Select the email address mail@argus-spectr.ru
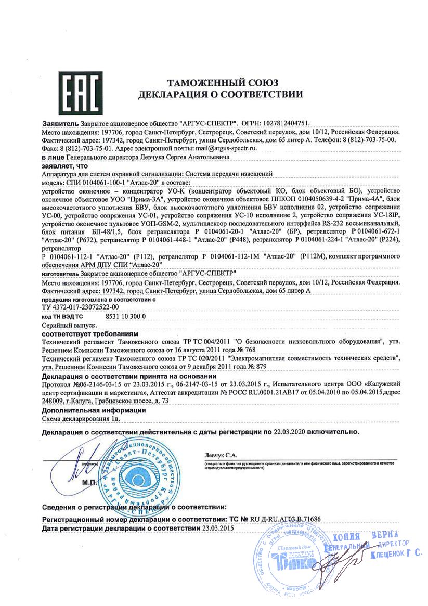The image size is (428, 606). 229,148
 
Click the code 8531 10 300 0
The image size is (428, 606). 127,316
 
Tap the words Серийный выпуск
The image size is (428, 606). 64,324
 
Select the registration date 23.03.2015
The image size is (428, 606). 218,528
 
